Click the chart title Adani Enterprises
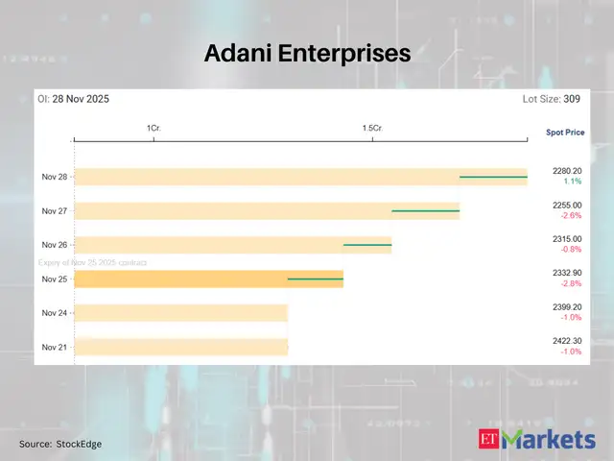pos(307,54)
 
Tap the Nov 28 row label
pos(55,177)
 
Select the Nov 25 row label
pos(55,279)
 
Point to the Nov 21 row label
pos(55,347)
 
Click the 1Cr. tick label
pos(153,128)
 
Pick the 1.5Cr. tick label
pos(372,128)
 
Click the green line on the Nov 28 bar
pos(493,177)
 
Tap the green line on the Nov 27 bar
pos(425,210)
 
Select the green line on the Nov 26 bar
pos(367,245)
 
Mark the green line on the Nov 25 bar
pos(316,279)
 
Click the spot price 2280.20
pos(567,171)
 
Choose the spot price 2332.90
pos(567,274)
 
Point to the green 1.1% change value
pos(572,182)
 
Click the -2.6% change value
pos(572,216)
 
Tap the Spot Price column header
pos(564,132)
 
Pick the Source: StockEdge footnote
pos(60,444)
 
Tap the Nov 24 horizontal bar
pos(181,313)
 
